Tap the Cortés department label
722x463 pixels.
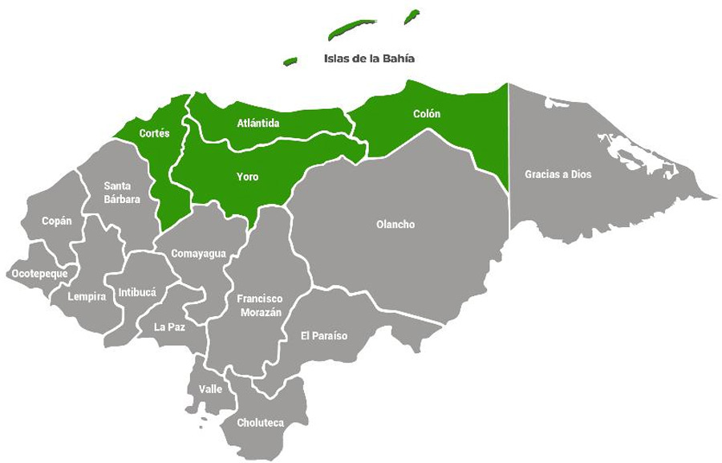(154, 133)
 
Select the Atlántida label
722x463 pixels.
(258, 124)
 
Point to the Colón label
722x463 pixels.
(427, 114)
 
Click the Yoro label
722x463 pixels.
(247, 177)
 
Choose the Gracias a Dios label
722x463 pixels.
(558, 173)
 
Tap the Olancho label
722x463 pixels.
(395, 225)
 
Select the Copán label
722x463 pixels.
(56, 221)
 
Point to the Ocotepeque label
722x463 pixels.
(39, 274)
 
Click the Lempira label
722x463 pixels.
(87, 297)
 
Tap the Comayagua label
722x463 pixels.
(198, 254)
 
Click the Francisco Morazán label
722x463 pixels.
(258, 305)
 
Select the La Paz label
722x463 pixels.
(170, 327)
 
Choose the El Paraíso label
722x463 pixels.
(324, 335)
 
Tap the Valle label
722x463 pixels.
(210, 389)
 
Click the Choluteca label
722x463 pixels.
(261, 422)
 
